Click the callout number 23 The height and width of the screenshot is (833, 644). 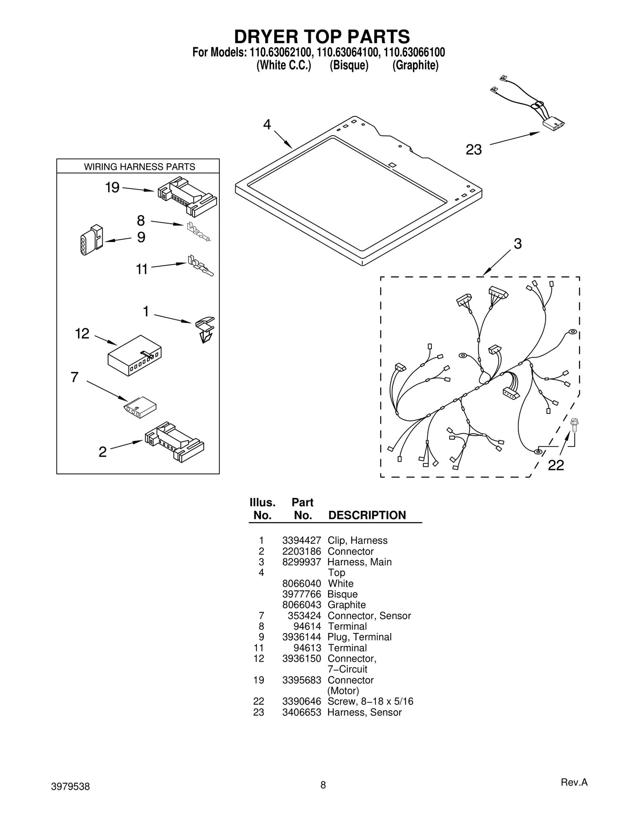pyautogui.click(x=473, y=150)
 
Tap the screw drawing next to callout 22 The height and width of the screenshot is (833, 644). pyautogui.click(x=574, y=425)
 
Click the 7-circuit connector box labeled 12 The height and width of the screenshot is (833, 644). pyautogui.click(x=134, y=355)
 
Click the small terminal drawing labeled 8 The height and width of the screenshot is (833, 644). pyautogui.click(x=198, y=232)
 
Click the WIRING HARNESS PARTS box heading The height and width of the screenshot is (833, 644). pyautogui.click(x=139, y=167)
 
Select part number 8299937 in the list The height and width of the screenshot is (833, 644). pyautogui.click(x=301, y=562)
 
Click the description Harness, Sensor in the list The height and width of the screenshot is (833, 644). pyautogui.click(x=364, y=712)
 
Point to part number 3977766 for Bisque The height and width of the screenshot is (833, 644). pyautogui.click(x=301, y=594)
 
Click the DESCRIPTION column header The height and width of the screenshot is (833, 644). pyautogui.click(x=367, y=515)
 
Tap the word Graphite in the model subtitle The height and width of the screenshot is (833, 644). pyautogui.click(x=415, y=65)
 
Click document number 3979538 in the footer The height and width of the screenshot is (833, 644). pyautogui.click(x=70, y=787)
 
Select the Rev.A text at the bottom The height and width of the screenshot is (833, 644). pyautogui.click(x=574, y=782)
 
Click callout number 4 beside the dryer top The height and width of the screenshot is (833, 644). pyautogui.click(x=267, y=125)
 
